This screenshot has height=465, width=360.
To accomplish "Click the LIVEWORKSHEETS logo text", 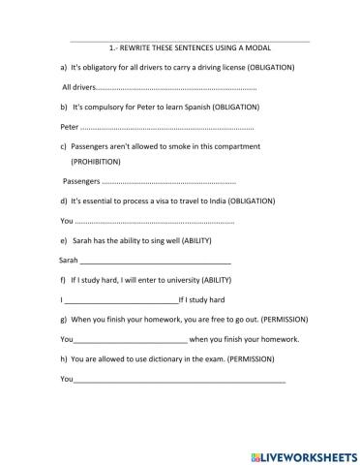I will click(x=304, y=452).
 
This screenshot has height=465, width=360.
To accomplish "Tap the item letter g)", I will click(x=63, y=319).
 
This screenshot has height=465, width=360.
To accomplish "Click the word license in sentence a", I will click(x=228, y=67).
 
